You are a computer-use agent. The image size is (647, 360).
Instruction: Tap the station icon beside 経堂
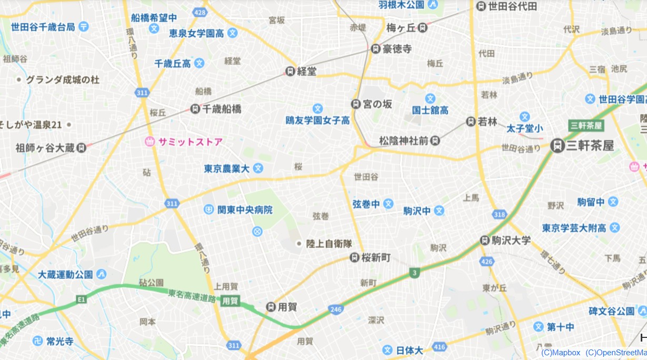tap(290, 71)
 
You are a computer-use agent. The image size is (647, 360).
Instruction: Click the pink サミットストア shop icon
tap(150, 141)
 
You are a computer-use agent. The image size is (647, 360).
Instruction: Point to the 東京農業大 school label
tap(226, 168)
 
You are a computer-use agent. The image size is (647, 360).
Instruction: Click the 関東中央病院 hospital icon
tap(209, 209)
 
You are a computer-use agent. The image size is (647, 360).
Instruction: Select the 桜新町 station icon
tap(355, 257)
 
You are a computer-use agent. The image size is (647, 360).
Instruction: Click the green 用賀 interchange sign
tap(230, 301)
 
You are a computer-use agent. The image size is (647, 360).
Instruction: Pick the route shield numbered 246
tap(335, 309)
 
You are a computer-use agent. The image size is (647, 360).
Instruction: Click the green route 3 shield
tap(415, 273)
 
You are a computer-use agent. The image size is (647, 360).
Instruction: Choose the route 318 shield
tap(500, 214)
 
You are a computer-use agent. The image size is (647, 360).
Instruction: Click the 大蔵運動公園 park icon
tap(102, 274)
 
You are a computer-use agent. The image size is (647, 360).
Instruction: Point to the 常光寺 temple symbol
tap(38, 341)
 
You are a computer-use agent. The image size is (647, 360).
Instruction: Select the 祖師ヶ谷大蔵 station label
tap(45, 148)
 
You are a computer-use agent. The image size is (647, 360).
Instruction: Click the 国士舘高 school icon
tap(431, 98)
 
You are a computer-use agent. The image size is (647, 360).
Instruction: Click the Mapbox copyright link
tap(560, 353)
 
